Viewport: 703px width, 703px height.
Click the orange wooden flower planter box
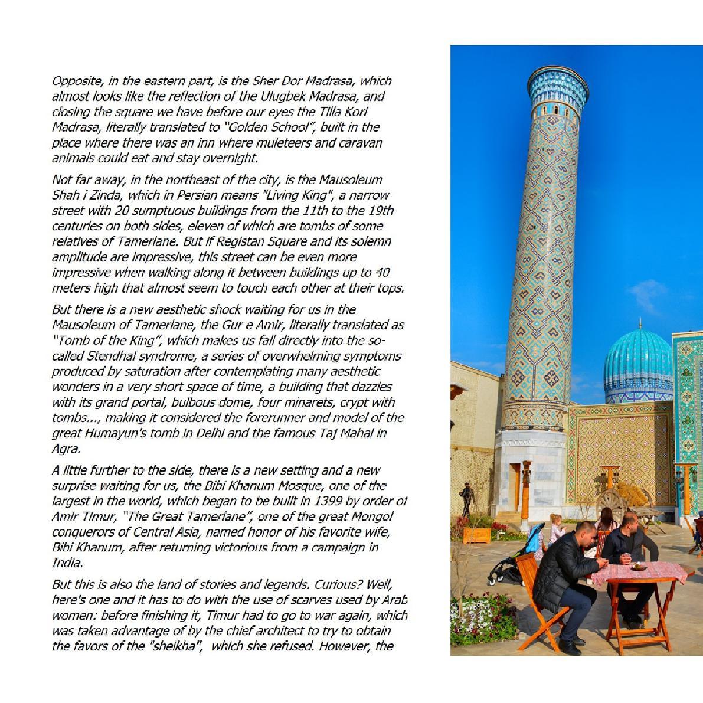click(477, 535)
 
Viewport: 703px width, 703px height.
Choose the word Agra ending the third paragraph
click(66, 449)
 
